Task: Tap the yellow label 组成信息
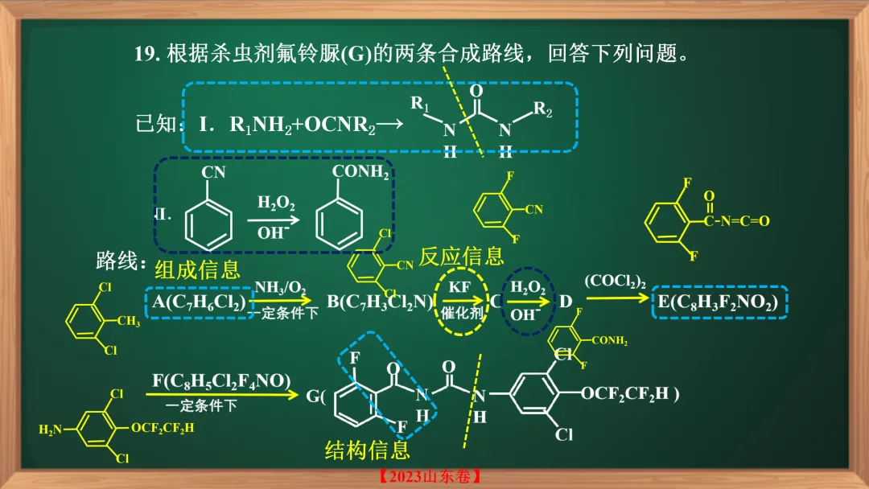[x=197, y=269]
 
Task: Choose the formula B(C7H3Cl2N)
[x=381, y=302]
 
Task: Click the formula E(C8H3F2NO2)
[x=718, y=302]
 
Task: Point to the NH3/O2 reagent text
[x=280, y=288]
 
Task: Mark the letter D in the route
[x=565, y=302]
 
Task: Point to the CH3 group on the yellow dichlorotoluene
[x=129, y=322]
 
